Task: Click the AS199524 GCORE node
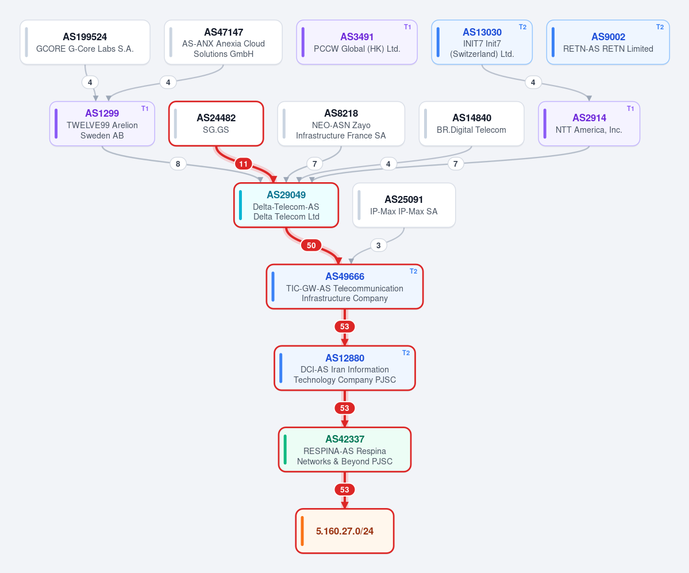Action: click(85, 42)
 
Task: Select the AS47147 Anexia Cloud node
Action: click(223, 42)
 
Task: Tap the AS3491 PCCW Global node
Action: click(357, 42)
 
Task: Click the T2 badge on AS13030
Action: click(522, 27)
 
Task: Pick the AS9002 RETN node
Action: click(608, 42)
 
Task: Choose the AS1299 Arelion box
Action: click(102, 124)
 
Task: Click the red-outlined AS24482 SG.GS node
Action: click(216, 124)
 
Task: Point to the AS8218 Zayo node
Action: click(341, 124)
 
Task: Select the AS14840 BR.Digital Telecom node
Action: click(471, 124)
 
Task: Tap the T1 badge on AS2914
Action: click(630, 109)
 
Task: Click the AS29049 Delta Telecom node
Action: click(286, 205)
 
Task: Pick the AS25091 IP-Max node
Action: click(404, 205)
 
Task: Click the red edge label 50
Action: click(311, 245)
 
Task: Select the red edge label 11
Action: click(244, 164)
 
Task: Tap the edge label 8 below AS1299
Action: click(178, 164)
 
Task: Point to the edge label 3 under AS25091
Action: click(378, 245)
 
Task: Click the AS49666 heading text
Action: click(345, 276)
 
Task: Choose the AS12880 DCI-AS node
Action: click(345, 368)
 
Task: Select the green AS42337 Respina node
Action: click(345, 449)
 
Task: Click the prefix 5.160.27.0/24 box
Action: click(345, 531)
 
